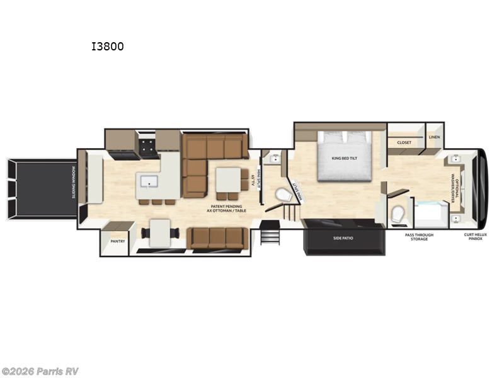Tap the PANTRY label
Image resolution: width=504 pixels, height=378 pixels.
point(118,241)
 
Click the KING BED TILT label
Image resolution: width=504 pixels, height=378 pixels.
point(340,158)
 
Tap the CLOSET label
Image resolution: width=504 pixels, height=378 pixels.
point(404,142)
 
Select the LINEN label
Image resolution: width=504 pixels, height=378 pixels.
point(434,137)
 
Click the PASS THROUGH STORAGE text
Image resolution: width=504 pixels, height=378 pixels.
point(416,237)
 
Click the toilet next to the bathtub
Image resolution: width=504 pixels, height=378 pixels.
point(397,214)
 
